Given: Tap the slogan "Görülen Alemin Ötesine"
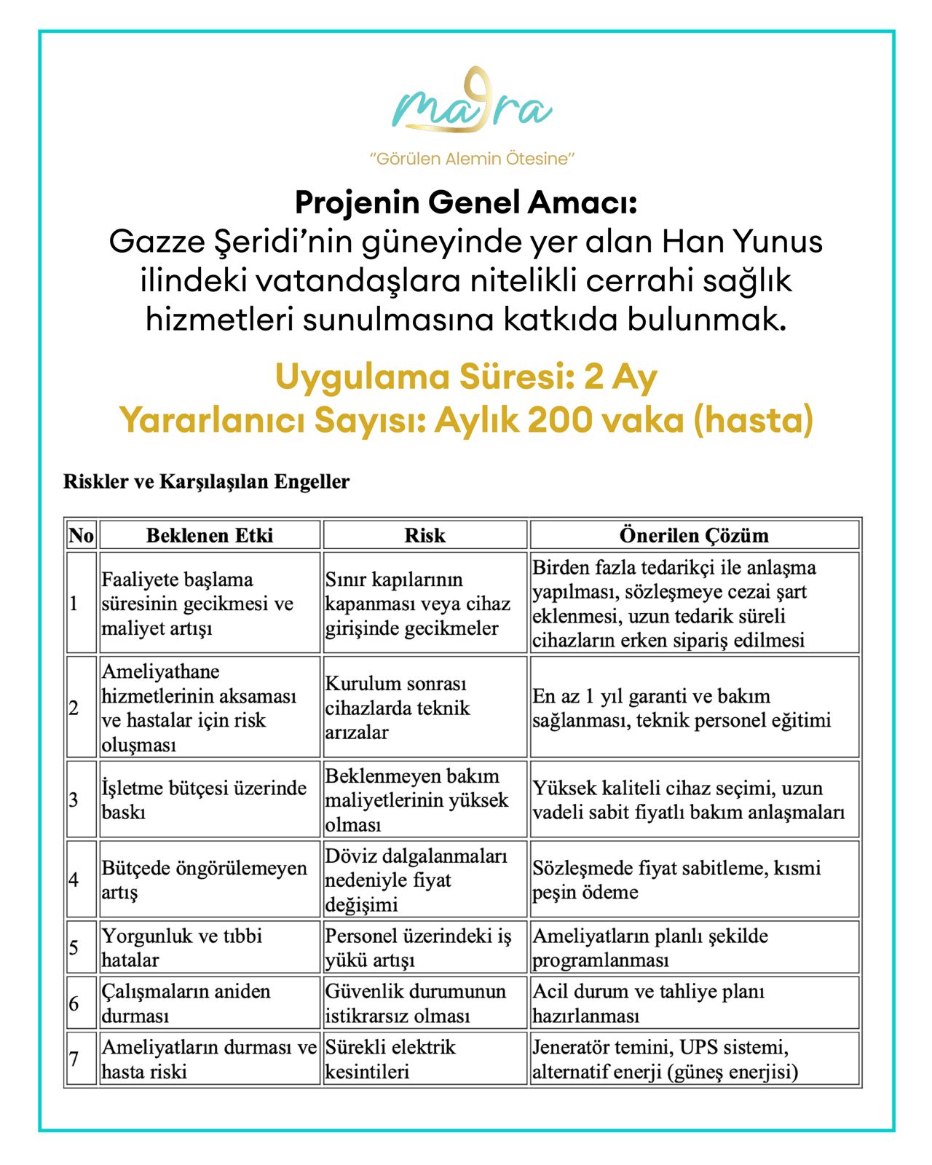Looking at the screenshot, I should point(472,159).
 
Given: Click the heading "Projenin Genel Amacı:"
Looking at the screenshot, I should point(466,203).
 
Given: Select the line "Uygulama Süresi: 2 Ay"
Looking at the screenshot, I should point(466,377).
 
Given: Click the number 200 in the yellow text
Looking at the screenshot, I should point(558,420).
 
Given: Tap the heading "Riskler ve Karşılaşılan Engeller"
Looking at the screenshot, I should point(207,482).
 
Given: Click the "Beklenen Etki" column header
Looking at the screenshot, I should point(210,535).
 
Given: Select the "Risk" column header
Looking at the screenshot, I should point(424,535).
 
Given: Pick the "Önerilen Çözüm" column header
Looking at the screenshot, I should point(694,535).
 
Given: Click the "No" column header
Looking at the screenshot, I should point(81,535).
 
